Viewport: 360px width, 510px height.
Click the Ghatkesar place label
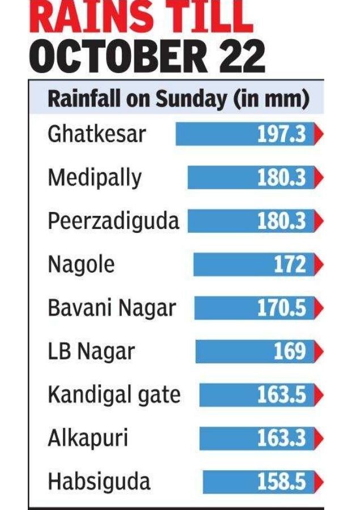pos(97,134)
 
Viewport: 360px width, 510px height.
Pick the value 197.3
pos(281,135)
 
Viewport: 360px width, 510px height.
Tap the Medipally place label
pos(95,178)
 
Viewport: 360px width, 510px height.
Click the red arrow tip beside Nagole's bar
pos(318,265)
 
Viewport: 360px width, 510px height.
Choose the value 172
pos(290,265)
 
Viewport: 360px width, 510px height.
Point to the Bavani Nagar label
pos(112,308)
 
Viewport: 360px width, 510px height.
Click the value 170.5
pos(281,308)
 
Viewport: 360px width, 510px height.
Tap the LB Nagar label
pos(91,352)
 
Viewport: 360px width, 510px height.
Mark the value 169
pos(290,352)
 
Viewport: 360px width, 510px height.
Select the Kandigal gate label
pos(113,394)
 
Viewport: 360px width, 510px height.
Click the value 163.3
pos(281,438)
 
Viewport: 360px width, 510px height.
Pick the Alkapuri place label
pos(88,438)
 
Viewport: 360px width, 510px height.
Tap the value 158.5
pos(281,482)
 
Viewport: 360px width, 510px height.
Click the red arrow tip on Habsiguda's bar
pos(318,482)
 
